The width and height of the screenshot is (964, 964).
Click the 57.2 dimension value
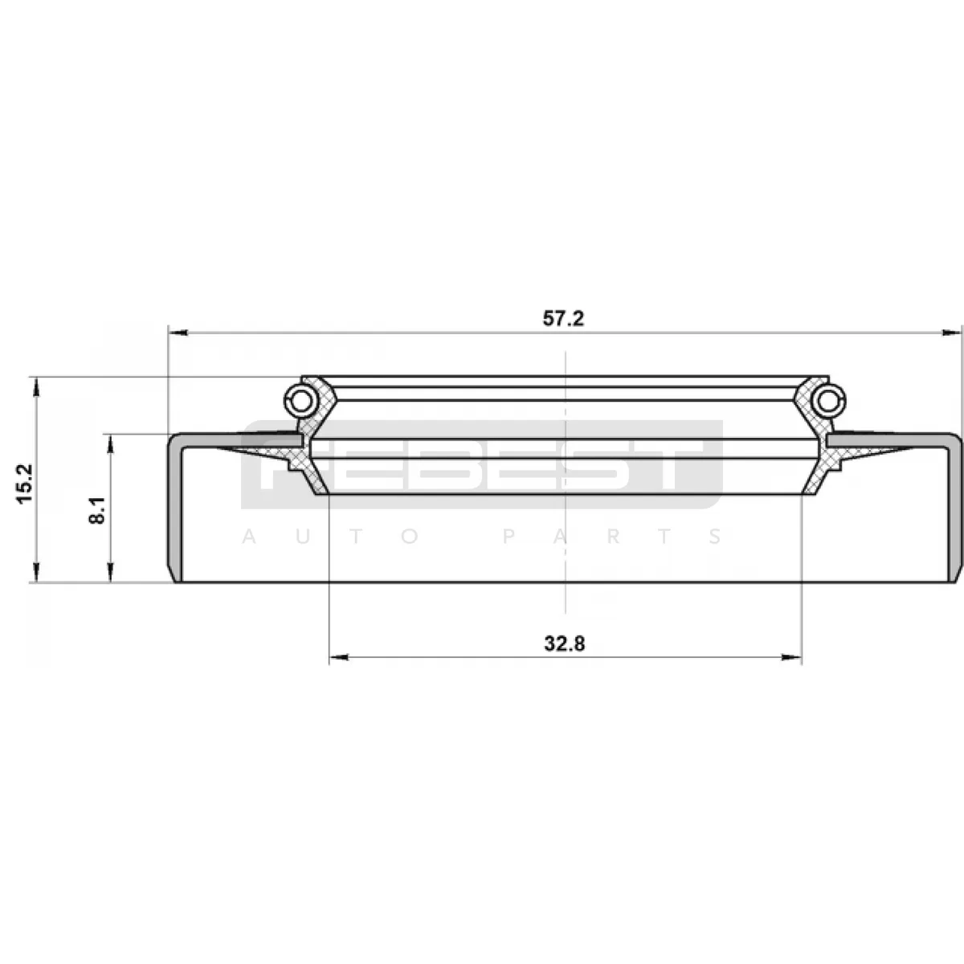(563, 319)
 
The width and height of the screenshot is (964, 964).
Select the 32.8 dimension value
(564, 643)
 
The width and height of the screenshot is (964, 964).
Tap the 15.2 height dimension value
(25, 484)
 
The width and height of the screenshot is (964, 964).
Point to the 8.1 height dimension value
(96, 510)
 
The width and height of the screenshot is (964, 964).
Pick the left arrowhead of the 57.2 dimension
(178, 332)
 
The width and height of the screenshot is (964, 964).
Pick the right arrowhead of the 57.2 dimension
(951, 332)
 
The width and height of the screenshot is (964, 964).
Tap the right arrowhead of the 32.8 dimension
(792, 657)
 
